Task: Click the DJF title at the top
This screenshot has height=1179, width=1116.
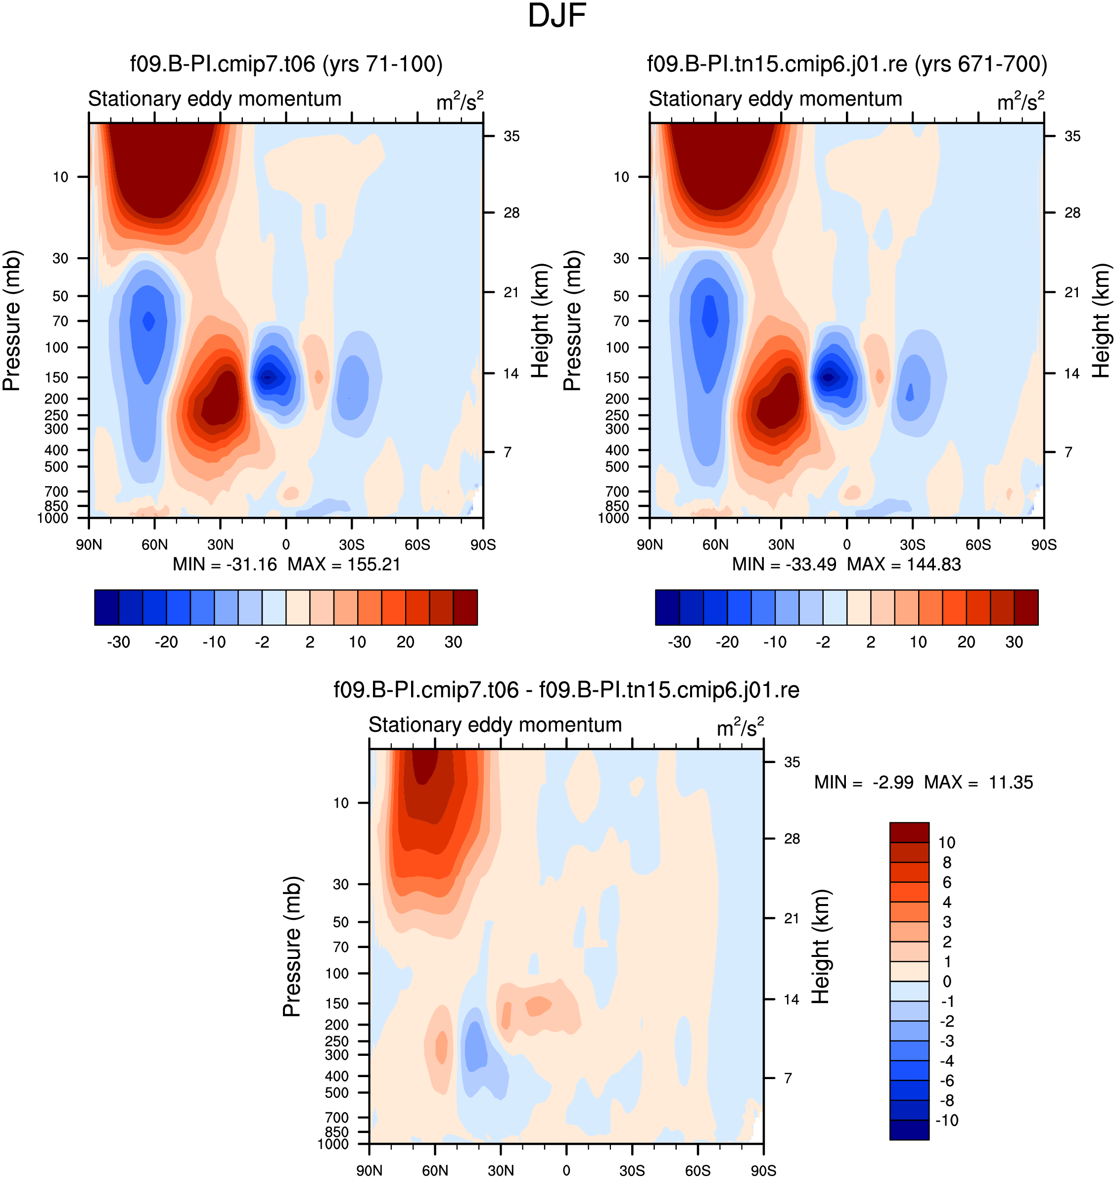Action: coord(557,16)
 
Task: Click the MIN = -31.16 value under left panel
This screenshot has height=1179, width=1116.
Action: coord(225,564)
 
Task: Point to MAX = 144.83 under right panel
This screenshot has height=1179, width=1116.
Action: coord(904,564)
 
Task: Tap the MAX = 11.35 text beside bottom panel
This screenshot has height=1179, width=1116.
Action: coord(978,782)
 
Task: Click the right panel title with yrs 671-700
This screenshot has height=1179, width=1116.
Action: coord(847,64)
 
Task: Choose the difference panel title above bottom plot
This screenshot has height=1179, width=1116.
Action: coord(566,690)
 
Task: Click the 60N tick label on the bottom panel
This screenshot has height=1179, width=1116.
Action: coord(435,1170)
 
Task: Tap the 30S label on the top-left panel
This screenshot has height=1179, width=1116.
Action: coord(352,544)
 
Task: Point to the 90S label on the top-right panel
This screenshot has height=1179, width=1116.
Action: coord(1044,544)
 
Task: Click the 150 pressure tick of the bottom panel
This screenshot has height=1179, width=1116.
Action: coord(337,1003)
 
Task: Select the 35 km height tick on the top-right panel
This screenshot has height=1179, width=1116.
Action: coord(1072,136)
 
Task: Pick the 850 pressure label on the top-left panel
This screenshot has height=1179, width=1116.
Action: coord(56,505)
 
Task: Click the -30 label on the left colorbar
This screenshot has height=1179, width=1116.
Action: coord(118,642)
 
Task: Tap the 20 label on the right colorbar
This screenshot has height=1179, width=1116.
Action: coord(966,642)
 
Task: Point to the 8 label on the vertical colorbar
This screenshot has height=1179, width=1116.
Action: coord(947,862)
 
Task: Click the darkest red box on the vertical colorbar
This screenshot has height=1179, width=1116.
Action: coord(909,832)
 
